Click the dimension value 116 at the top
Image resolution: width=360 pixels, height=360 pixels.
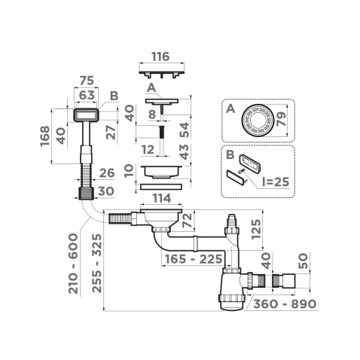[160, 56]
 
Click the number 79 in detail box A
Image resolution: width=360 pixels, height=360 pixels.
[283, 119]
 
